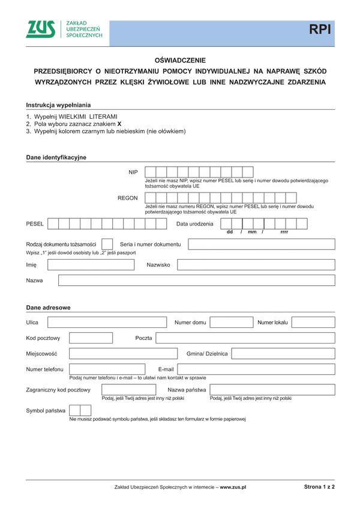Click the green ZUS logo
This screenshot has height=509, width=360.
pos(41,29)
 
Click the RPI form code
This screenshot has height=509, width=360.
pos(320,30)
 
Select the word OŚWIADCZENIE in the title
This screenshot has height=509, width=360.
pos(180,61)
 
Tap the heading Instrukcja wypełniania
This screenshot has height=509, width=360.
pos(58,105)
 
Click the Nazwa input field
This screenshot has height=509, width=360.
pos(196,281)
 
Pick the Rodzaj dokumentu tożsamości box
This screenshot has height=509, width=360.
pos(107,244)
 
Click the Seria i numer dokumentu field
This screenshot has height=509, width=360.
pos(261,244)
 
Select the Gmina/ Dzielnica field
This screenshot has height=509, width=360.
pos(283,354)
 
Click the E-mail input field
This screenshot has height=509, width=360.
pos(256,369)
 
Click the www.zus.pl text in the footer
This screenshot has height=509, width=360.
pos(233,487)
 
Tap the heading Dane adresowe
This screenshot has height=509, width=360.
pos(48,308)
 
